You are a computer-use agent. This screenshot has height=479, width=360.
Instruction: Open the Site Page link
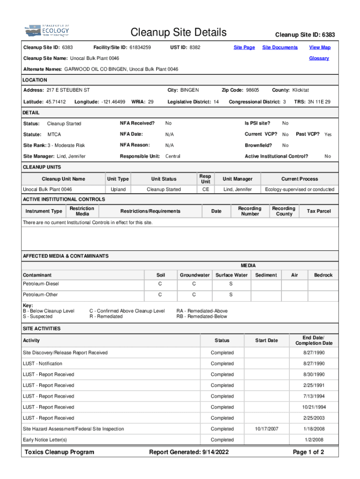(244, 47)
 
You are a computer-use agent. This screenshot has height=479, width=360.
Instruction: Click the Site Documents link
(280, 47)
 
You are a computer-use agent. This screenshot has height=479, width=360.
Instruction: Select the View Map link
(320, 47)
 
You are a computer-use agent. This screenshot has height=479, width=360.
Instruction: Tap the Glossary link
(319, 58)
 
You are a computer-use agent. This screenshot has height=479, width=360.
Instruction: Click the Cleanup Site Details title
(178, 33)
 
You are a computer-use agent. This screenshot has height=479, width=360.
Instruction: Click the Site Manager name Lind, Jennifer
(71, 156)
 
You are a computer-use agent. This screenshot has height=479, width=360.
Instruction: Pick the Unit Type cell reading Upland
(118, 189)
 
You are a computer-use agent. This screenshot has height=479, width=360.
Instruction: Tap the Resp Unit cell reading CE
(205, 189)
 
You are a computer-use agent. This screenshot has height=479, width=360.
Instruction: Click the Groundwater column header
(194, 275)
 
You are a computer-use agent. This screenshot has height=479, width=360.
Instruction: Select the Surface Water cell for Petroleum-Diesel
(230, 283)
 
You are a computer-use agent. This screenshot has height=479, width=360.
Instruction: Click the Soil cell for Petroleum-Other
(160, 295)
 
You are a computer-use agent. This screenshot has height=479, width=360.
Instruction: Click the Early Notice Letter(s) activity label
(45, 440)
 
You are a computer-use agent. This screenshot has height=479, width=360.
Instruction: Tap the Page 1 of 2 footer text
(308, 452)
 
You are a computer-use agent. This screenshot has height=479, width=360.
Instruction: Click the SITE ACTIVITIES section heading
(42, 328)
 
